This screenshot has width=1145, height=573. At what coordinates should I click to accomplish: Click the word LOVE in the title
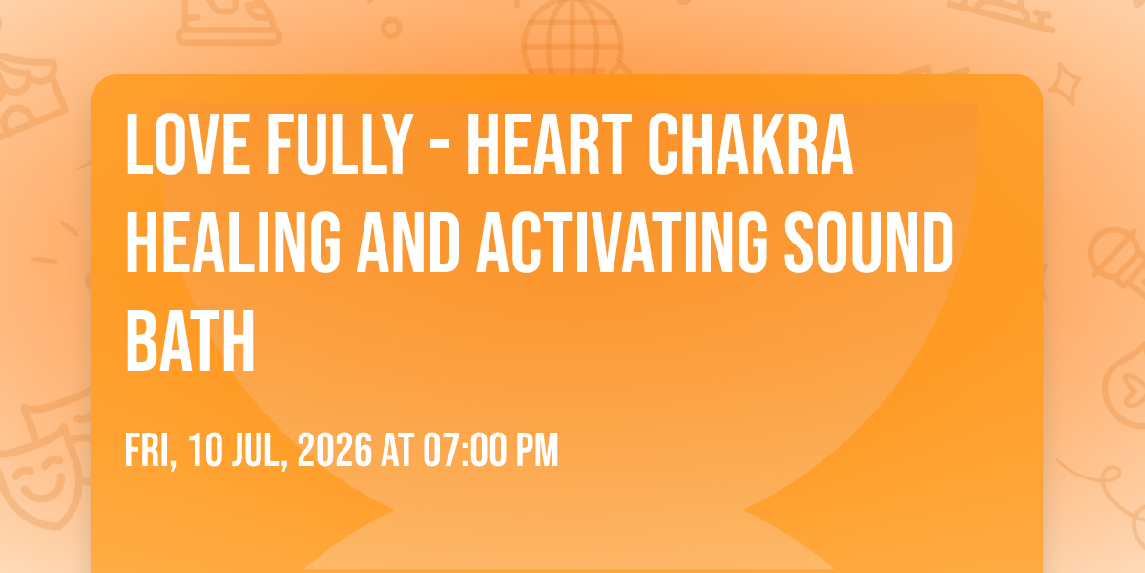(x=188, y=144)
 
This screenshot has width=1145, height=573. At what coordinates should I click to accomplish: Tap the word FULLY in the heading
(x=340, y=144)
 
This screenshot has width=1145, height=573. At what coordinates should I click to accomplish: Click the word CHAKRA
(x=750, y=144)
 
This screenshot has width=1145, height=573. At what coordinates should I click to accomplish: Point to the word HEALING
(x=233, y=243)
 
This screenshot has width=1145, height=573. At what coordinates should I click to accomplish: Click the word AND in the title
(x=408, y=243)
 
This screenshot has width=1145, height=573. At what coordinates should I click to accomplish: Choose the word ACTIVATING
(x=622, y=243)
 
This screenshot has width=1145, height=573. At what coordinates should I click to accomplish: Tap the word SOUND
(x=869, y=243)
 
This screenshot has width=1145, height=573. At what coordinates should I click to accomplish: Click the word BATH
(x=190, y=340)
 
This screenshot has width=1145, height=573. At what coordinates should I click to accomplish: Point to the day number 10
(x=205, y=450)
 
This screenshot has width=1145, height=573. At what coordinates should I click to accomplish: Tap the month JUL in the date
(x=259, y=451)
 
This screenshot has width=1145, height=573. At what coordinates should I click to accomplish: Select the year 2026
(x=334, y=450)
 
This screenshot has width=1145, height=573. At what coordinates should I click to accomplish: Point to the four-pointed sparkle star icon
(x=1065, y=84)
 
